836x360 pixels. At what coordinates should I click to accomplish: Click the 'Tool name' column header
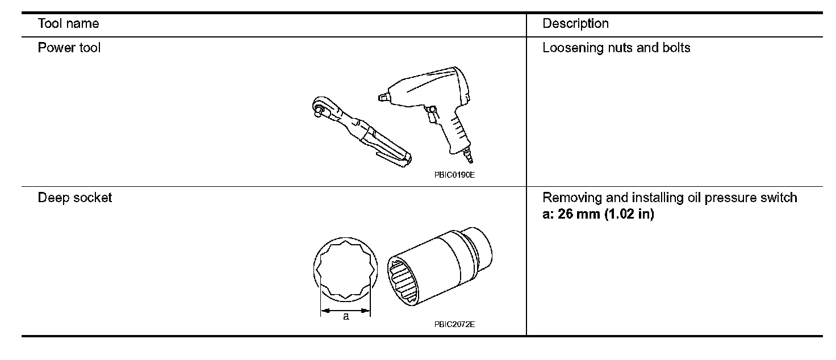pyautogui.click(x=68, y=24)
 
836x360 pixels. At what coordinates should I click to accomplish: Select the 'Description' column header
pyautogui.click(x=575, y=24)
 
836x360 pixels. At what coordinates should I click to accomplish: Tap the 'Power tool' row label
pyautogui.click(x=69, y=48)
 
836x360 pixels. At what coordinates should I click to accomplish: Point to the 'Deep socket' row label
pyautogui.click(x=74, y=198)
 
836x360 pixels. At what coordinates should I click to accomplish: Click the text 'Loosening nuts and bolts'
pyautogui.click(x=616, y=48)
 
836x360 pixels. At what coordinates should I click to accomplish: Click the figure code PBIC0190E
pyautogui.click(x=454, y=175)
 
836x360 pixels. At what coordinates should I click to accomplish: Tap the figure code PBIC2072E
pyautogui.click(x=454, y=324)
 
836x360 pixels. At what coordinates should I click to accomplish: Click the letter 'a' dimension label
pyautogui.click(x=345, y=317)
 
